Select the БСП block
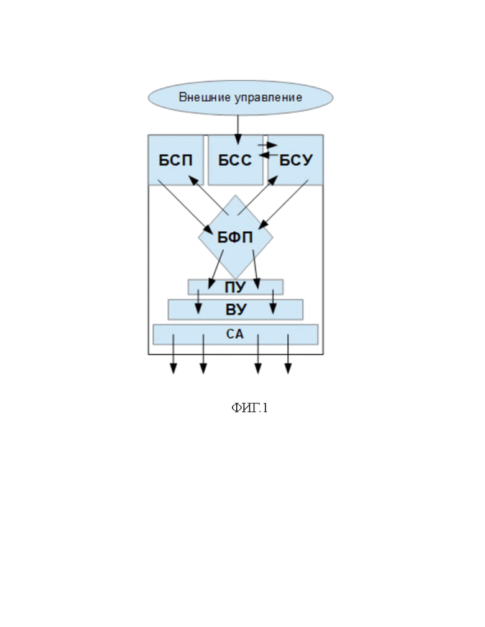175,160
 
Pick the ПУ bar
235,286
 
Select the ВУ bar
235,309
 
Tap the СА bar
235,334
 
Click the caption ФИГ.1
249,408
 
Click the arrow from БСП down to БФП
183,207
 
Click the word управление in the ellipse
272,98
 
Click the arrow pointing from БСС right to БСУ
268,145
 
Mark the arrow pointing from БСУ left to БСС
268,154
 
